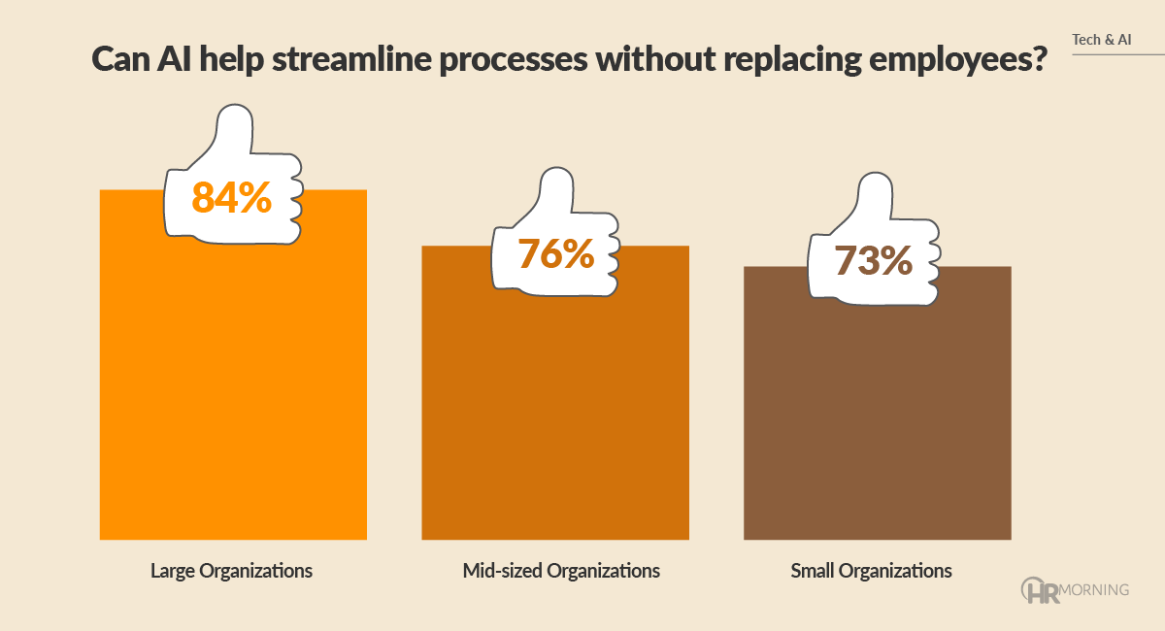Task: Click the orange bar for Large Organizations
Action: (x=233, y=388)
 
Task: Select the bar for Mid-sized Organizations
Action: (x=554, y=408)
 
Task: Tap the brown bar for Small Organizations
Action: (x=877, y=417)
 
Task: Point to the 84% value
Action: (x=231, y=197)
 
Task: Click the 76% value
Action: (x=554, y=253)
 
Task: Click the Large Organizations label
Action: (x=231, y=571)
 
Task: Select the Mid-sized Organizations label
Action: (x=561, y=571)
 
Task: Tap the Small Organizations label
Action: (x=872, y=571)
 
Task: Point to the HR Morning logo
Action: (x=1075, y=589)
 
